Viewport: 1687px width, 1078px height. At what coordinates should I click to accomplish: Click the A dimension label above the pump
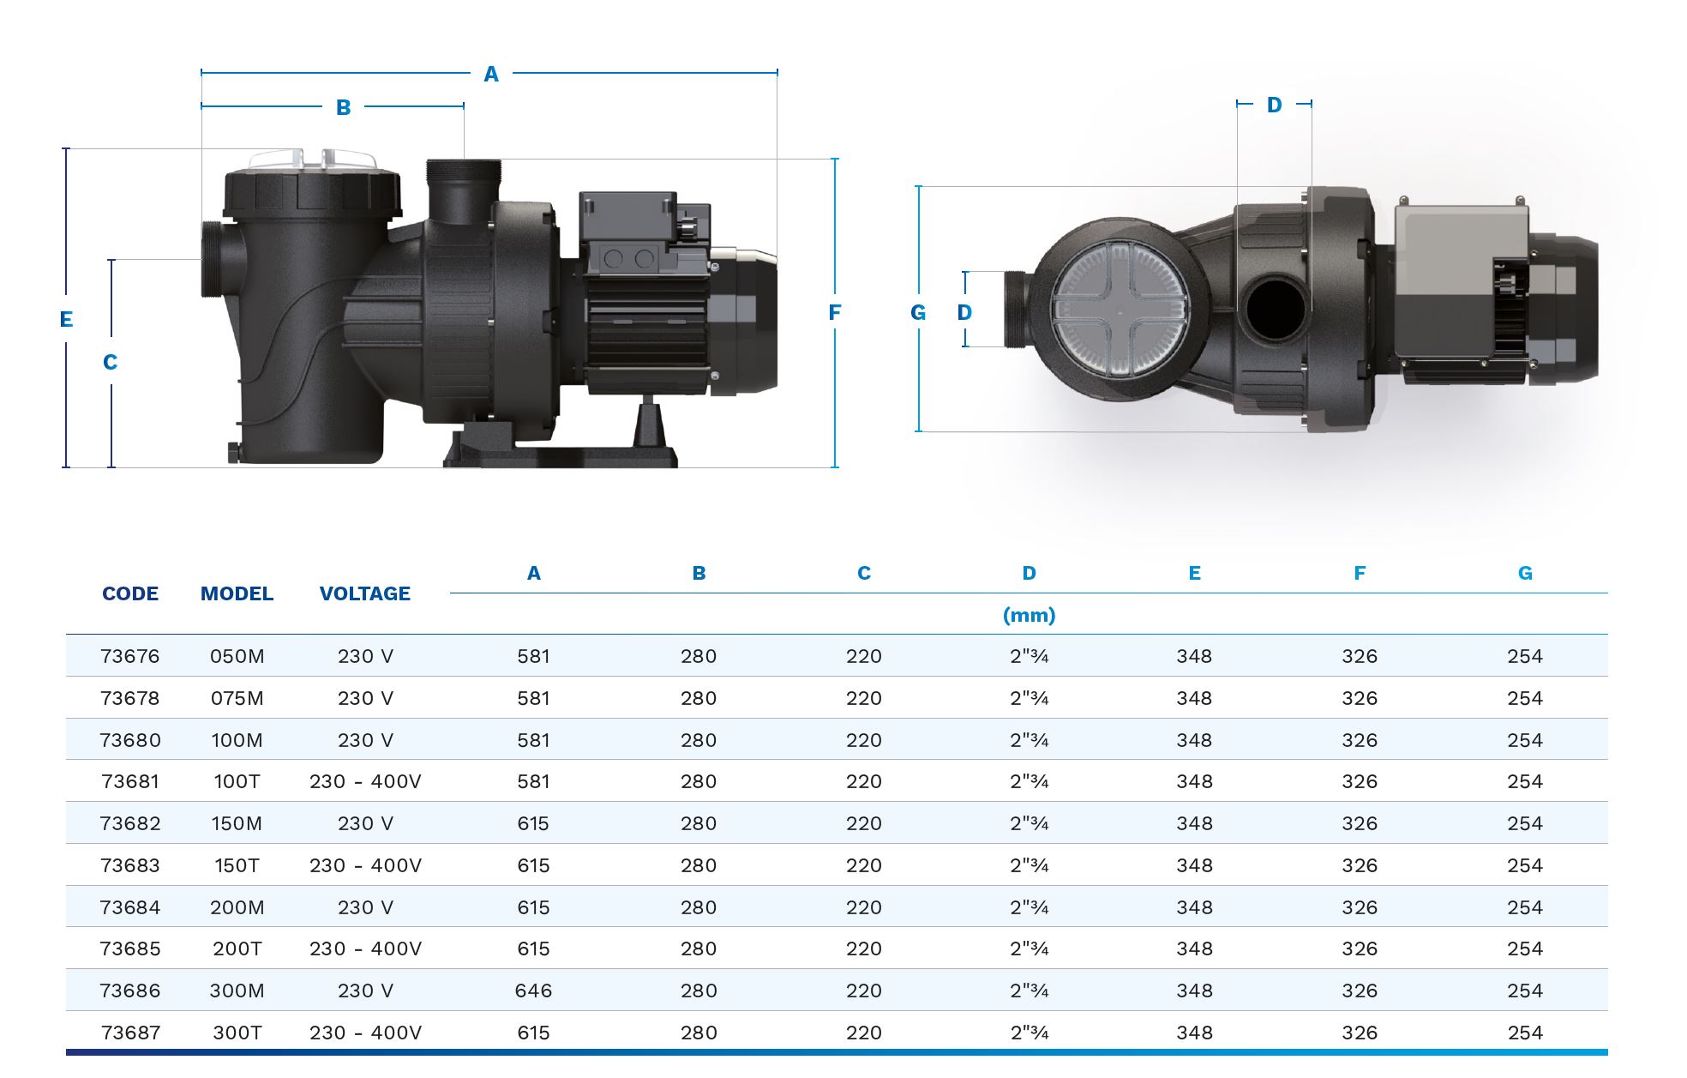tap(491, 75)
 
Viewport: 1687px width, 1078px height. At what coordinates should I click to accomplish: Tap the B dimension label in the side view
tap(343, 108)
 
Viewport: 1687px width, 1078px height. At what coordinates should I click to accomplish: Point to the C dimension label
tap(110, 363)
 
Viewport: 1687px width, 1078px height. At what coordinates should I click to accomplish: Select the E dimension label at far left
tap(66, 320)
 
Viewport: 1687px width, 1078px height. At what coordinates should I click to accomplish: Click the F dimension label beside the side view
tap(834, 313)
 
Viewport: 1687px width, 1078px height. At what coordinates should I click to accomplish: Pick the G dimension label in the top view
tap(918, 313)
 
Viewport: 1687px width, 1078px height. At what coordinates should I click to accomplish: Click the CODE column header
tap(130, 593)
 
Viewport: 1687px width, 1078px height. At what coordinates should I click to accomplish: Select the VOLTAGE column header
tap(365, 593)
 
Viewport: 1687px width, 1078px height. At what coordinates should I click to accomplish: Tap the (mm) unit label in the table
tap(1029, 615)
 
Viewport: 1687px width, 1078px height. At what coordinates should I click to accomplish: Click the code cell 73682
tap(130, 823)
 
